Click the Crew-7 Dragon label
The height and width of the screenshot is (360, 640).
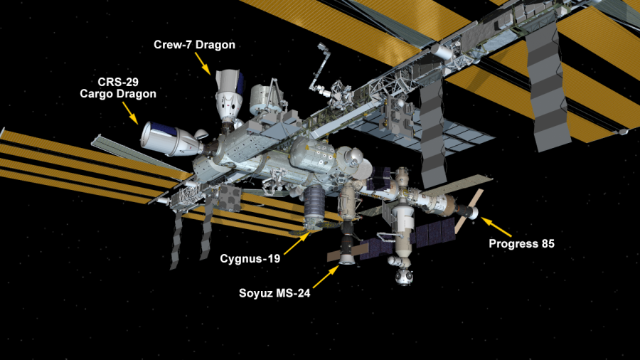pos(194,45)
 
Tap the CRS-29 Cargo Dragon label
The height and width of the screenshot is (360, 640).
pos(118,88)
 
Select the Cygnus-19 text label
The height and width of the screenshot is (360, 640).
pos(250,258)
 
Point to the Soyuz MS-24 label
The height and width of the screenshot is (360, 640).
pos(274,293)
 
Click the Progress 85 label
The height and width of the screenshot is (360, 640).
pos(522,243)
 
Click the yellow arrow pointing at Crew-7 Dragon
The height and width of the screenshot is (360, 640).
pos(203,63)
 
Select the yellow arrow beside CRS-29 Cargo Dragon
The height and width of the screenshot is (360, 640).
pos(131,112)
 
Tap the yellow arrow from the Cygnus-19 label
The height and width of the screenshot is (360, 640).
pos(297,243)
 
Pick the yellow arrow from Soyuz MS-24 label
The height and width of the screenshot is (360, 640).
pos(326,277)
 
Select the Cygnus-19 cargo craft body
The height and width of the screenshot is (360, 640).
pos(314,206)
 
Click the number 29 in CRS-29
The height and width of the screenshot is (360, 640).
pos(132,82)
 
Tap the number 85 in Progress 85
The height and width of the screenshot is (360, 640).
pos(548,243)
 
